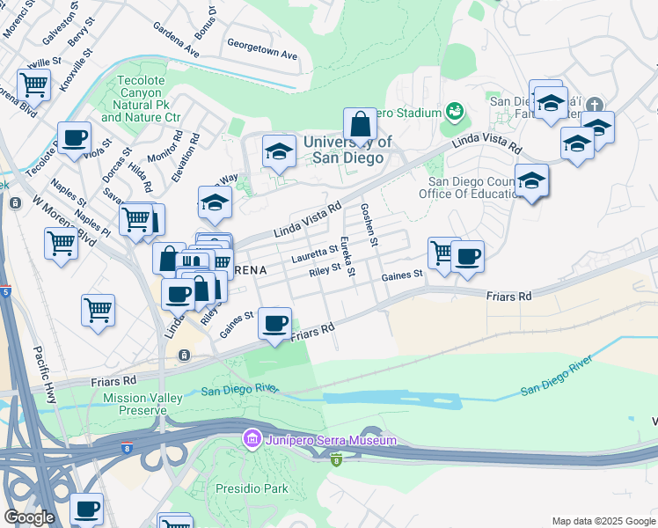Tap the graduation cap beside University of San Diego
pyautogui.click(x=279, y=152)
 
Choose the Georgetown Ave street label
pyautogui.click(x=262, y=48)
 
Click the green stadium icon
pyautogui.click(x=454, y=112)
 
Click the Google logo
pyautogui.click(x=29, y=517)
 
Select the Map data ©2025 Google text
pyautogui.click(x=603, y=521)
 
